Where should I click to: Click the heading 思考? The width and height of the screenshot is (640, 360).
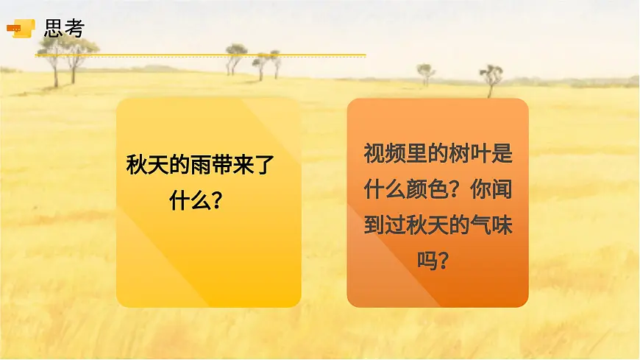coord(64,28)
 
